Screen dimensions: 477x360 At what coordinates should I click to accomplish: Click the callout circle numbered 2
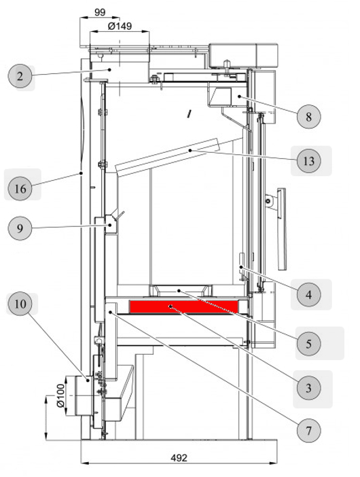coord(20,76)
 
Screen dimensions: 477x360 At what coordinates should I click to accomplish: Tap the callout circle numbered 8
coord(308,116)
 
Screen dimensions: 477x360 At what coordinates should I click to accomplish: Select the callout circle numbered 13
coord(308,162)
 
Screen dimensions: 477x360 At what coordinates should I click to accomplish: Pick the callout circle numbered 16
coord(20,188)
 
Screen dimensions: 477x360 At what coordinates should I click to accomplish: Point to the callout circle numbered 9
coord(20,229)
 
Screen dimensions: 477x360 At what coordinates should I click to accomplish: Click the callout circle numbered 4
coord(308,295)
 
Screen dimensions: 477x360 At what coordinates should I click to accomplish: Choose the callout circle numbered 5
coord(308,344)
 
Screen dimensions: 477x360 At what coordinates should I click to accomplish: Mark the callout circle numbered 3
coord(308,388)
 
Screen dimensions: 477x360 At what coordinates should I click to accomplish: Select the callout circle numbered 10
coord(20,305)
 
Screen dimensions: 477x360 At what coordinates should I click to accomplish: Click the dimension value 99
coord(100,12)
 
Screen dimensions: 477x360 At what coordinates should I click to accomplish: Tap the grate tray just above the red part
coord(180,291)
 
